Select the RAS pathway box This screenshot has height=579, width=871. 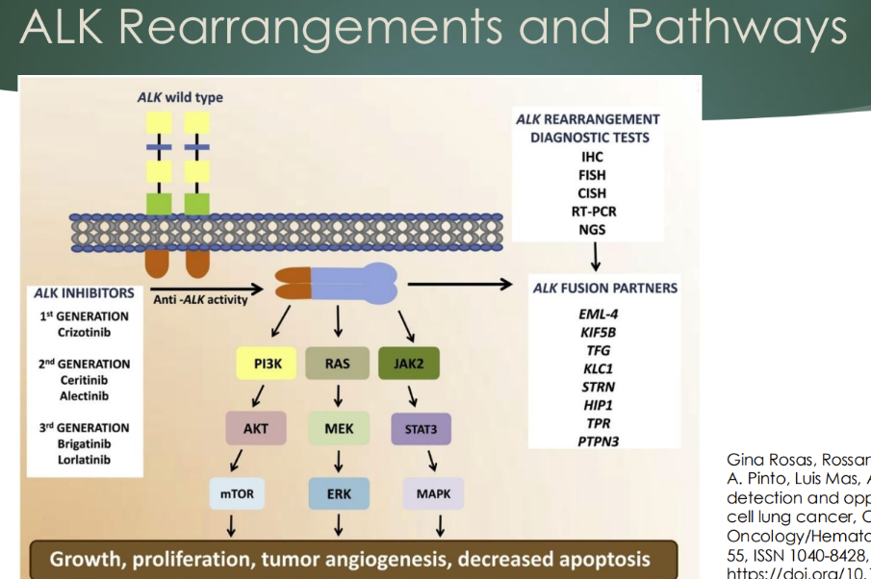337,365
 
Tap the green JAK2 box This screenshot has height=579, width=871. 410,365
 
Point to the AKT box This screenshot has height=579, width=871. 256,428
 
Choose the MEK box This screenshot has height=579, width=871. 339,428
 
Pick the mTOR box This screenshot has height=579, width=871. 236,494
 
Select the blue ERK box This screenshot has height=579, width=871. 339,494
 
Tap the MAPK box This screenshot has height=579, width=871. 433,494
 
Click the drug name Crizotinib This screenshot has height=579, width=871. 84,332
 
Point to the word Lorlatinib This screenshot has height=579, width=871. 84,460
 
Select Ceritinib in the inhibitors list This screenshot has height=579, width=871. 84,380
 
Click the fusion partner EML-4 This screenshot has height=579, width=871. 599,315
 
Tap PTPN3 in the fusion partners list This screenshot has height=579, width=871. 599,441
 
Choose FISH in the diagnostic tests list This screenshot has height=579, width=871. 593,174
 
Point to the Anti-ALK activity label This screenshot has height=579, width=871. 199,299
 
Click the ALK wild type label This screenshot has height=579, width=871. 176,97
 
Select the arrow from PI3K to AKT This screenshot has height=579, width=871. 259,396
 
